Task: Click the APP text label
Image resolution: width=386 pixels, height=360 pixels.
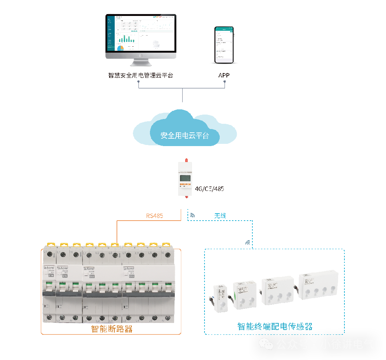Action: [x=224, y=75]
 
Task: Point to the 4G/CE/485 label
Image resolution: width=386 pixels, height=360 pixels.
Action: [x=209, y=189]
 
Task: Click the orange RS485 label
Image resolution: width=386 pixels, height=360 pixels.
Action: [x=154, y=215]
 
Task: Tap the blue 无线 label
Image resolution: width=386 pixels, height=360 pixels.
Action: [x=220, y=215]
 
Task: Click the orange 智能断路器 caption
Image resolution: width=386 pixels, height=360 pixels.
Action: [x=112, y=329]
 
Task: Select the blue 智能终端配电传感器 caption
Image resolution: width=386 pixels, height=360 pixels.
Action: [x=275, y=327]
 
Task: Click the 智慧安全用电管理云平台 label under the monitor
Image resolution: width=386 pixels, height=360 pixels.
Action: [x=141, y=75]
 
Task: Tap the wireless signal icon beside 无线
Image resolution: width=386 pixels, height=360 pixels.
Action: [x=192, y=215]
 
